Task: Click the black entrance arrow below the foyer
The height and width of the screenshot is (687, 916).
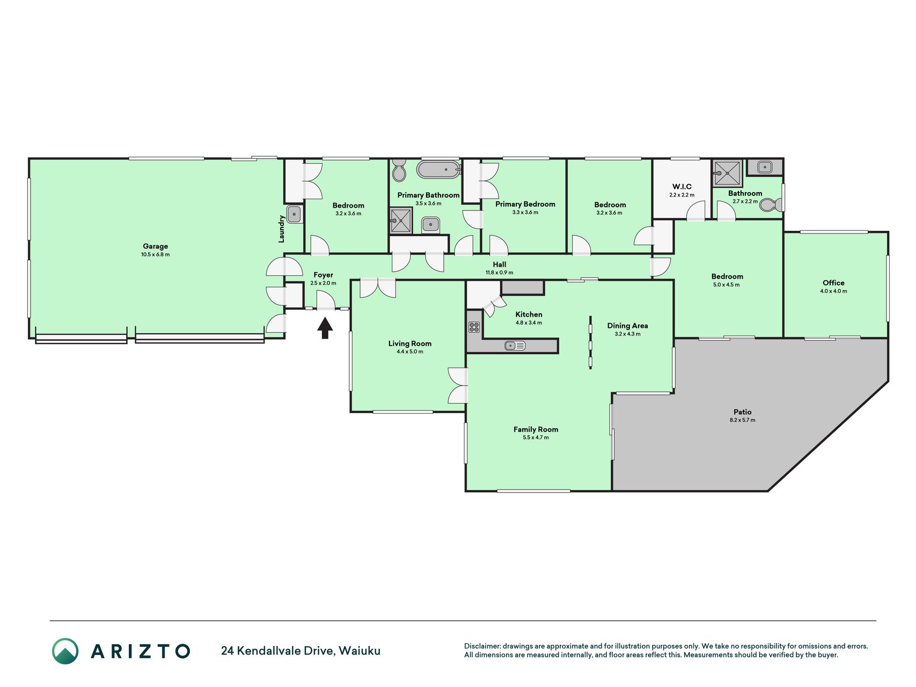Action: tap(325, 328)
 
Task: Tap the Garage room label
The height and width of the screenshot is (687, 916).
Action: tap(156, 246)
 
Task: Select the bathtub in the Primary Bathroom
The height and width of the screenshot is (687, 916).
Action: tap(439, 170)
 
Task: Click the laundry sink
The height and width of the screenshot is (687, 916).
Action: tap(294, 214)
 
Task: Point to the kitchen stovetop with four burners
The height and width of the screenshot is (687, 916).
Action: tap(474, 326)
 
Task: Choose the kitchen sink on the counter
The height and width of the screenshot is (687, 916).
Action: tap(515, 346)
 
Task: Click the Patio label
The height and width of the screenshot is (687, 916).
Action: tap(743, 412)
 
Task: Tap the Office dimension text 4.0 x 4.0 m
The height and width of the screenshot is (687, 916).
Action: tap(833, 291)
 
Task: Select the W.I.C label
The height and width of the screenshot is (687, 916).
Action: tap(681, 187)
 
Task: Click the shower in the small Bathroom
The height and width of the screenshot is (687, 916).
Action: tap(727, 173)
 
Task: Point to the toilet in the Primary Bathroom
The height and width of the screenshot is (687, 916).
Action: tap(399, 170)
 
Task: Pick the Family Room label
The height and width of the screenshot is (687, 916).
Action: tap(536, 429)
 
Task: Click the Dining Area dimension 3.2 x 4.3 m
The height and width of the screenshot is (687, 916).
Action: tap(627, 334)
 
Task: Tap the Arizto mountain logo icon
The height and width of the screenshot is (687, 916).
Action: tap(65, 651)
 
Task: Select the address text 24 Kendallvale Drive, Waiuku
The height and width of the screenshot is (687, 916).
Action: tap(301, 651)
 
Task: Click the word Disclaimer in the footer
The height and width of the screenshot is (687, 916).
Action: tap(482, 646)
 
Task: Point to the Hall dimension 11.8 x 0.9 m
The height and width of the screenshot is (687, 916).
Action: tap(499, 273)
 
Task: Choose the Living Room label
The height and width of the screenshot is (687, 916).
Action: tap(410, 343)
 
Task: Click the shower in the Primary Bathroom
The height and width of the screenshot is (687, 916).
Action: tap(400, 221)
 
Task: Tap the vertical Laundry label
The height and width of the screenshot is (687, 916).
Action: tap(281, 229)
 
